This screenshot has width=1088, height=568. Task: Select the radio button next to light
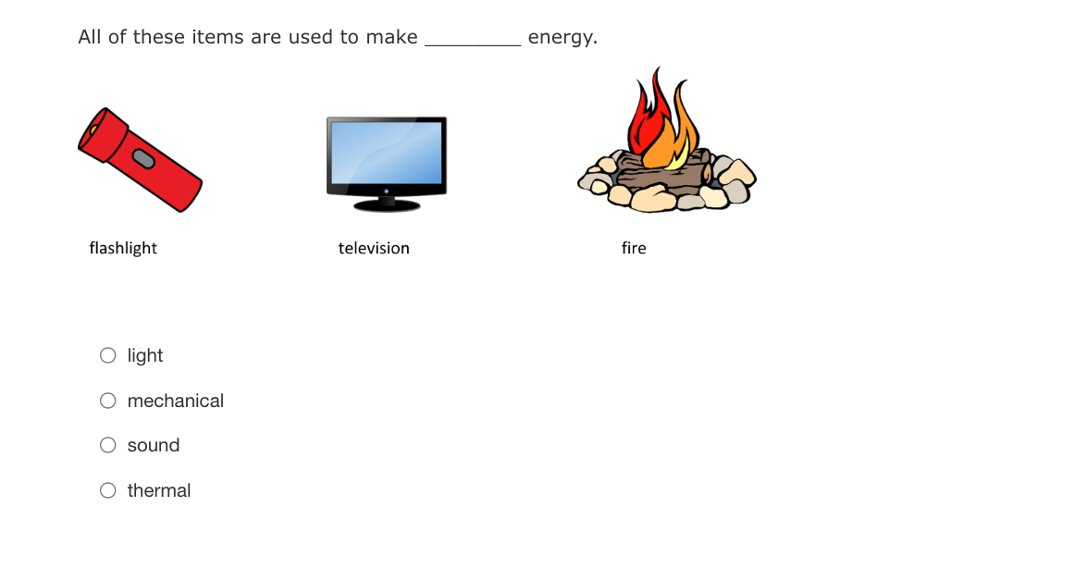pyautogui.click(x=107, y=356)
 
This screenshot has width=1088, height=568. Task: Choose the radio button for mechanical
pyautogui.click(x=107, y=401)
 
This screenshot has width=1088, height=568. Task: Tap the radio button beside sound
pyautogui.click(x=107, y=445)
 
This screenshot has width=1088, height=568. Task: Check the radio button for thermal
pyautogui.click(x=107, y=491)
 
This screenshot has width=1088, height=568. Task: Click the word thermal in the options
pyautogui.click(x=159, y=491)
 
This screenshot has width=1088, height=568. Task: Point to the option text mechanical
pyautogui.click(x=176, y=401)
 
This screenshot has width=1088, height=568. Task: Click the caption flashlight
pyautogui.click(x=123, y=248)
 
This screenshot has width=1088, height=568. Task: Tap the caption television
pyautogui.click(x=374, y=248)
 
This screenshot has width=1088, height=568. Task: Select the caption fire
pyautogui.click(x=634, y=248)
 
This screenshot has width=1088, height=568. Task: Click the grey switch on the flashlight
pyautogui.click(x=142, y=159)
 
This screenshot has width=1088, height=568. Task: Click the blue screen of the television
pyautogui.click(x=387, y=153)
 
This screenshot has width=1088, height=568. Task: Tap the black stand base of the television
pyautogui.click(x=387, y=205)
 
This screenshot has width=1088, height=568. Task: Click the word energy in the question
pyautogui.click(x=563, y=37)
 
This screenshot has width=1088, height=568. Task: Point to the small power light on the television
pyautogui.click(x=387, y=191)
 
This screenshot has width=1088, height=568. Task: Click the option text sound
pyautogui.click(x=154, y=445)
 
